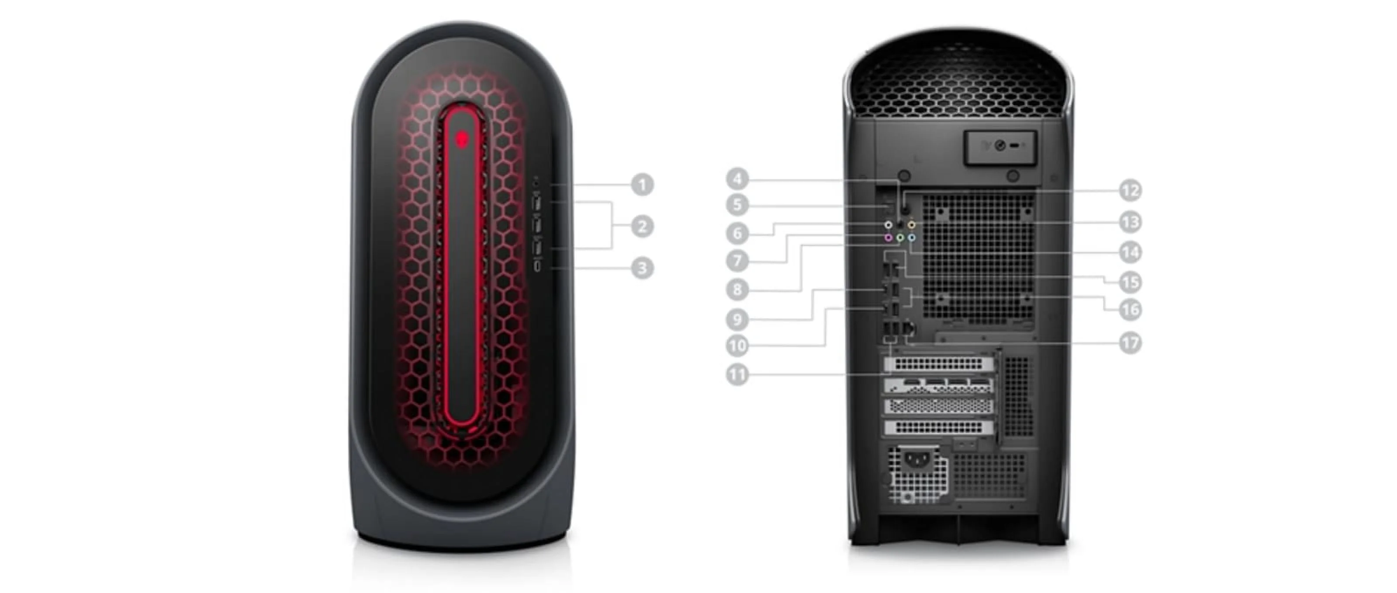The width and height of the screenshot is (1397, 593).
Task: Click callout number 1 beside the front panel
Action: coord(642,184)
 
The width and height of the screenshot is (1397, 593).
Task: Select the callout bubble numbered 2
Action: coord(642,226)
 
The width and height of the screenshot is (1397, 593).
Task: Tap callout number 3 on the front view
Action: coord(642,268)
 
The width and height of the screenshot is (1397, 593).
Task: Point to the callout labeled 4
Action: coord(737,178)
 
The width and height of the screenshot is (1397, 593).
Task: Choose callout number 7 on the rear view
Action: coord(737,261)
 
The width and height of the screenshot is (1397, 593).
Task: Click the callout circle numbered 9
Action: coord(737,320)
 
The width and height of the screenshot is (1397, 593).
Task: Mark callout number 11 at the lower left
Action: coord(737,375)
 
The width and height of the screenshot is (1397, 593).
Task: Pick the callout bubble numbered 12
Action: coord(1131,190)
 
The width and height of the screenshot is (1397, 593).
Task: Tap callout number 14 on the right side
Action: coord(1131,252)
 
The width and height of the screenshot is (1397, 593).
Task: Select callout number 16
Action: coord(1131,310)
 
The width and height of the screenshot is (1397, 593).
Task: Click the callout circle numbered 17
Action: coord(1131,343)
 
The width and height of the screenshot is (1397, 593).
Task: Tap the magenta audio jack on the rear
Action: coord(889,238)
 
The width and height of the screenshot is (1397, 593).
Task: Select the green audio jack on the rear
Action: coord(900,238)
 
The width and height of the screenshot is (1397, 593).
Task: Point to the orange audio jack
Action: coord(912,224)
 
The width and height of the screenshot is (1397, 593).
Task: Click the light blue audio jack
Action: coord(912,238)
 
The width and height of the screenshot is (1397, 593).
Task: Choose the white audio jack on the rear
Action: coord(889,224)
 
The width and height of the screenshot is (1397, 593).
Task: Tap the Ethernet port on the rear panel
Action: coord(909,328)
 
